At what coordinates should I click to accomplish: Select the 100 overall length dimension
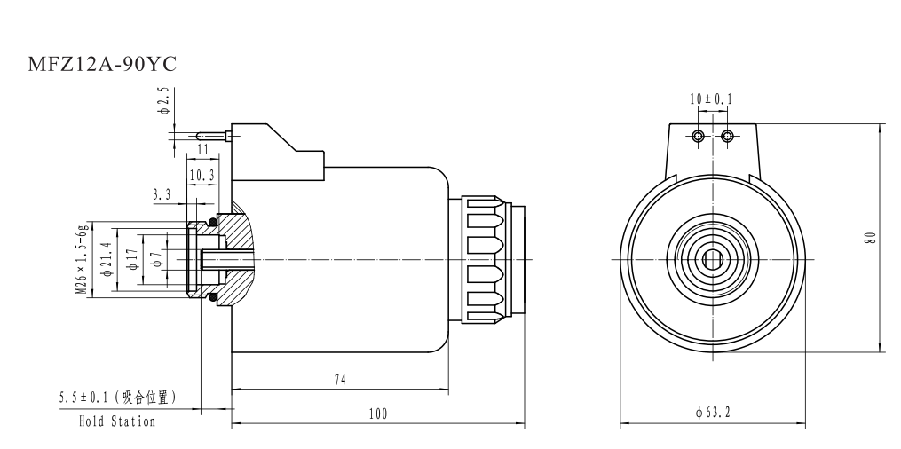click(380, 414)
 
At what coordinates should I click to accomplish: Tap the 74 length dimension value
click(339, 379)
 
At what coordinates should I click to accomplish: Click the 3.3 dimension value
click(162, 193)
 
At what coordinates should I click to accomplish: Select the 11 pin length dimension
click(202, 149)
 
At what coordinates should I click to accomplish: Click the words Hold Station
click(116, 421)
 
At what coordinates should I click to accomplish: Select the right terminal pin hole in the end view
click(727, 136)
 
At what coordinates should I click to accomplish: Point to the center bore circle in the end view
click(712, 259)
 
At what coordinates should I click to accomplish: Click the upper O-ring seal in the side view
click(212, 221)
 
